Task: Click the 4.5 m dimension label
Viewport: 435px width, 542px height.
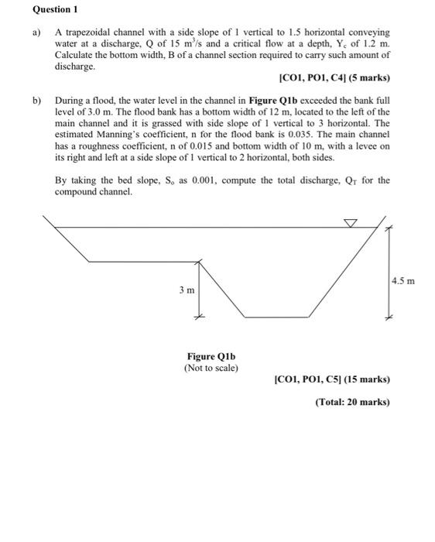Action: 404,280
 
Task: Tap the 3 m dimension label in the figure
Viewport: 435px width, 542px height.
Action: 186,290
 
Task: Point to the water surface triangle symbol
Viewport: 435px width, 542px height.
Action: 351,223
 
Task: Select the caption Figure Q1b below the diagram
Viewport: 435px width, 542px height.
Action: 211,356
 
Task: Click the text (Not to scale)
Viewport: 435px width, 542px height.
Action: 211,368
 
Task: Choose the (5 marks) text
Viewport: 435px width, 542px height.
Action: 366,78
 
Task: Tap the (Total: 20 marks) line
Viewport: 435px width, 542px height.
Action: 352,402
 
